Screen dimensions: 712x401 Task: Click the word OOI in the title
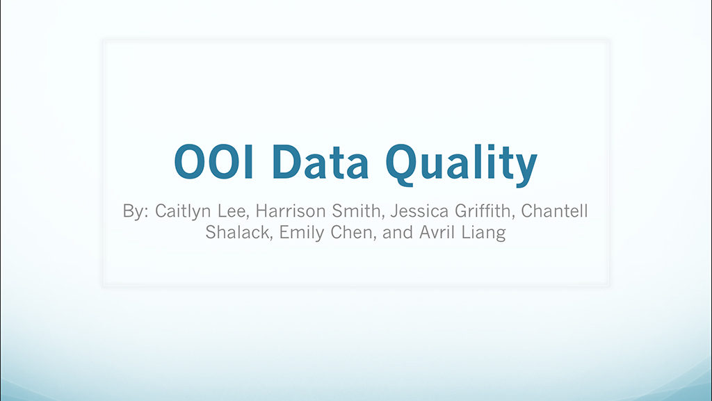point(213,161)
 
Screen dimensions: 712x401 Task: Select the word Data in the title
point(321,161)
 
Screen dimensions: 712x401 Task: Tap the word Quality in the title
point(462,164)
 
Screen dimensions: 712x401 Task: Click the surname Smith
point(357,211)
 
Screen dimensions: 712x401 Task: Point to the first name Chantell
point(554,211)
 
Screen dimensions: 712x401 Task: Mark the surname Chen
point(353,233)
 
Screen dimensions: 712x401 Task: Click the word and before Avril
point(398,233)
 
